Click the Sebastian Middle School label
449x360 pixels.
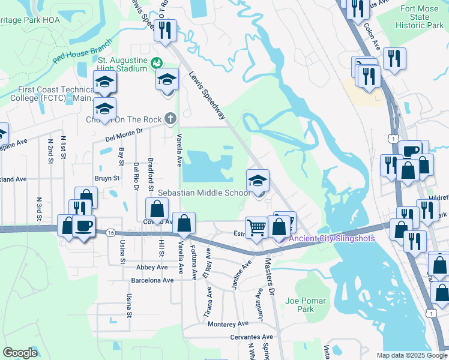click(x=204, y=193)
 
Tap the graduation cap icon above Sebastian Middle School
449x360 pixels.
click(x=258, y=181)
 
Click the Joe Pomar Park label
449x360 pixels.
click(x=306, y=305)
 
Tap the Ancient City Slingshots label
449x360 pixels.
click(x=332, y=238)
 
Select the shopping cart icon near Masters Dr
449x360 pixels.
click(x=257, y=227)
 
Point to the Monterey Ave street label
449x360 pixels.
click(x=228, y=323)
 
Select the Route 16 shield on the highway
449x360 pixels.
click(x=109, y=232)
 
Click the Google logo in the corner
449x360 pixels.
click(x=20, y=353)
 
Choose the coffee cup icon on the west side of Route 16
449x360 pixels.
click(x=83, y=226)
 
